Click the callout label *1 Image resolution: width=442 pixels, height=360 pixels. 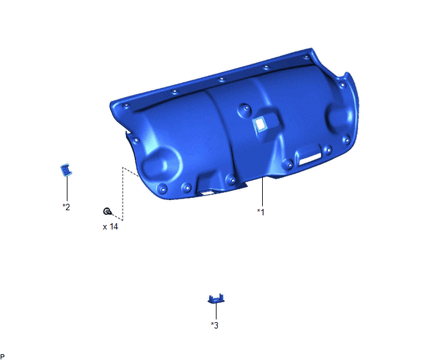[261, 212]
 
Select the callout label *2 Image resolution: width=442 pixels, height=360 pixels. [66, 207]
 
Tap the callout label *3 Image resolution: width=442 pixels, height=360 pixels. [215, 325]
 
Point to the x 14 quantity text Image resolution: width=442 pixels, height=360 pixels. [110, 226]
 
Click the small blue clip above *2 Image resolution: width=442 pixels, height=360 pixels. [66, 170]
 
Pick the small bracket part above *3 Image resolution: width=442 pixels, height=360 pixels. [217, 299]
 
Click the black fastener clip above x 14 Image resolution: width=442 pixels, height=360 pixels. [107, 211]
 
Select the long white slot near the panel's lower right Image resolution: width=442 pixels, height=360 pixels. [310, 159]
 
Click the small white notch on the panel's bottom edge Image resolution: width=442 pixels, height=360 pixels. [208, 194]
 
